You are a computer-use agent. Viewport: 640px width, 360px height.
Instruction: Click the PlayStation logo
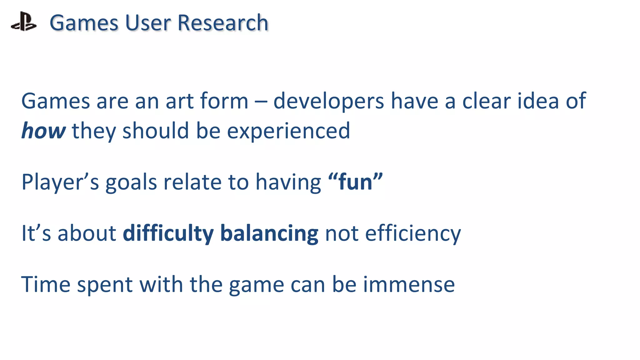(24, 22)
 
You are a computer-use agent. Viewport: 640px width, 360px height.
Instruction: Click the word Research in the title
(223, 23)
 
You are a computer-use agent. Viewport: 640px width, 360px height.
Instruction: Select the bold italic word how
(43, 131)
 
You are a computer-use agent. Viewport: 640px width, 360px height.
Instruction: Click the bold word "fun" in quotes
(356, 182)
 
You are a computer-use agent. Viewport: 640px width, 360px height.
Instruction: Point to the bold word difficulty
(168, 233)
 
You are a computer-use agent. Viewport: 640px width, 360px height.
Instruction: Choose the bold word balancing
(269, 234)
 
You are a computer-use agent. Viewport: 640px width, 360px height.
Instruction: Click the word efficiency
(413, 234)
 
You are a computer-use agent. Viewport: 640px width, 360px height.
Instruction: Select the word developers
(328, 101)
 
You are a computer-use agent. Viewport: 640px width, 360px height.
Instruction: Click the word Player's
(60, 182)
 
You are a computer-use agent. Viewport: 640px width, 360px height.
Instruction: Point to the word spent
(105, 285)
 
